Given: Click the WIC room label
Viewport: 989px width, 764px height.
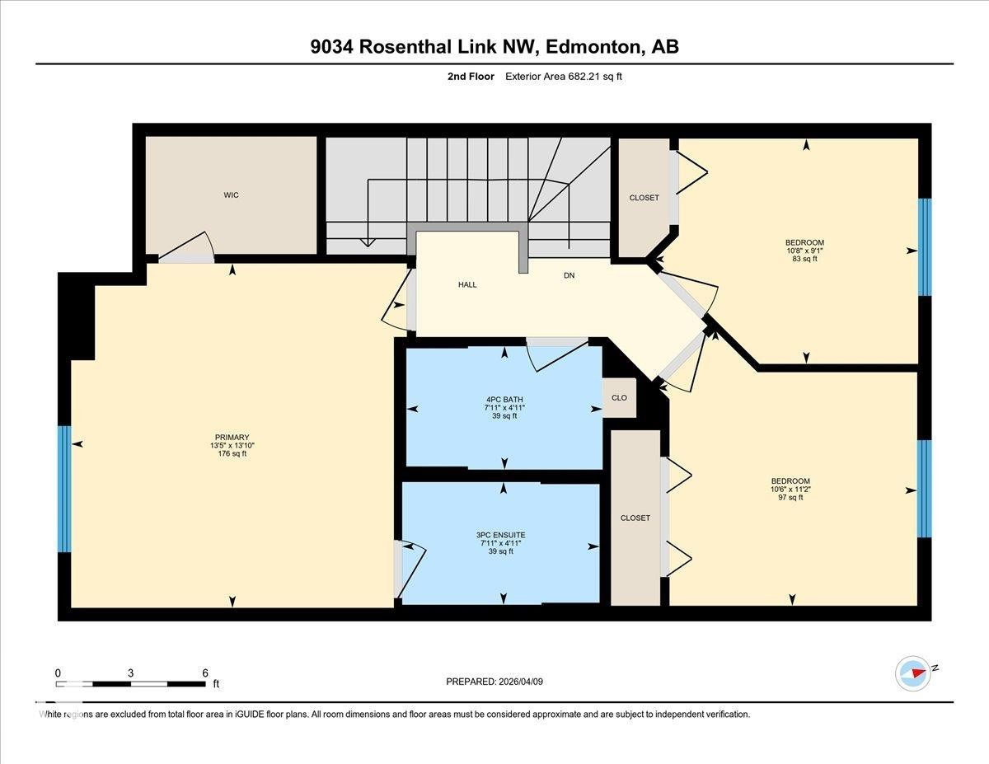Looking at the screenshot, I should point(231,195).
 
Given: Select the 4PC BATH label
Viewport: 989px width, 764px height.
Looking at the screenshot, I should point(504,399).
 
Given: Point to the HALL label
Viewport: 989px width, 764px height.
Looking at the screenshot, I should point(467,284).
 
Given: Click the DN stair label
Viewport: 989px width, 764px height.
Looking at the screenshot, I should point(569,275).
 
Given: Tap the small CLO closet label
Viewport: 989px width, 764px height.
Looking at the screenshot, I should point(619,398).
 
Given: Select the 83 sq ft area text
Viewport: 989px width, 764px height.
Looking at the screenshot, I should point(804,260).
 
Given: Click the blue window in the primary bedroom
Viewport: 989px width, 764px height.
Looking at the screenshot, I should point(64,489).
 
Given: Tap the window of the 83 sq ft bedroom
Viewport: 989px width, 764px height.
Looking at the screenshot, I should point(925,247).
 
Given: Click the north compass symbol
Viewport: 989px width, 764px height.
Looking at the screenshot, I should point(914,673).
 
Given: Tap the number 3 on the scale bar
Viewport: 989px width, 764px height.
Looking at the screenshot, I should point(131,673).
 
